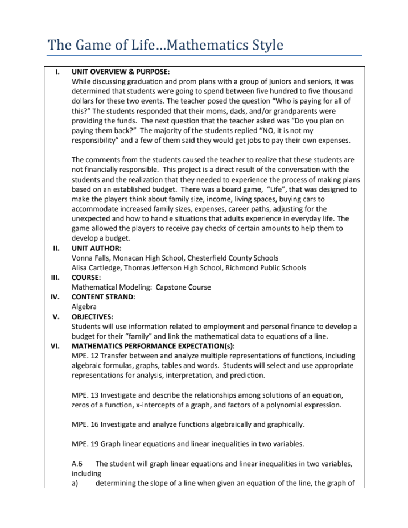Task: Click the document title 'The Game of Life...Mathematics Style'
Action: coord(165,44)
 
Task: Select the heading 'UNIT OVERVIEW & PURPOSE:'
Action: coord(120,72)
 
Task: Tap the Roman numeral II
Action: coord(56,248)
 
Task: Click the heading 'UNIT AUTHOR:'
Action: coord(96,248)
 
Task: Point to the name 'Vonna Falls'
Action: coord(90,258)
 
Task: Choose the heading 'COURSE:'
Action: coord(86,277)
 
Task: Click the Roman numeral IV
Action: coord(56,296)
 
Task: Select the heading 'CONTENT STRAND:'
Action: coord(103,296)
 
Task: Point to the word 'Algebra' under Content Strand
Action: coord(84,307)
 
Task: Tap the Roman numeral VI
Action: coord(56,345)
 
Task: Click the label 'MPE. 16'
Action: coord(85,424)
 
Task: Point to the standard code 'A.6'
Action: coord(78,464)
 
